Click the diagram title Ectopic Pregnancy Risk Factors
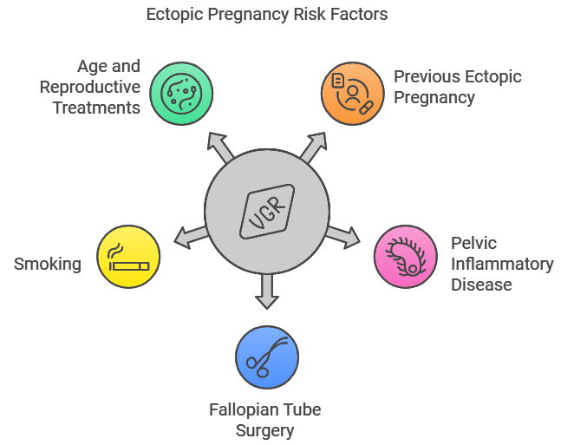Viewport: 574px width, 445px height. [267, 15]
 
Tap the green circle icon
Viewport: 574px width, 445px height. [181, 94]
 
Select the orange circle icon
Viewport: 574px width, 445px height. [353, 94]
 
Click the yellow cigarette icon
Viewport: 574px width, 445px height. [128, 257]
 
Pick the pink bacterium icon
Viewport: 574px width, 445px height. [406, 257]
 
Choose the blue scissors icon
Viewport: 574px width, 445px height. [267, 357]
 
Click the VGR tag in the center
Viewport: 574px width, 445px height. [267, 212]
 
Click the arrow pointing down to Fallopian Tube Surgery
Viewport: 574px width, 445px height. [267, 291]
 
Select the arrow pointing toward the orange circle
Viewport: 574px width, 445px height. [314, 147]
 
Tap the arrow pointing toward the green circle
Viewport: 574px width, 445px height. [220, 147]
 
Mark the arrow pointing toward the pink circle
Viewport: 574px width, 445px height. [343, 237]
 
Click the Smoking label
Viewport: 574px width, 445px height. [48, 264]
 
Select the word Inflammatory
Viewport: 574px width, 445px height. [502, 264]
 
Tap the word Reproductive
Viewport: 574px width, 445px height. [90, 87]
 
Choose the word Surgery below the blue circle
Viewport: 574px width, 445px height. [264, 431]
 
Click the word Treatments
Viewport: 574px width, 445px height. [96, 108]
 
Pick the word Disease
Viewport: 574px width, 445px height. [481, 285]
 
